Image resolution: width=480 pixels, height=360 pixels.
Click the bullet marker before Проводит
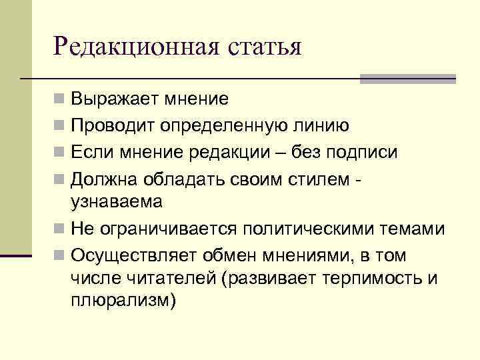(x=60, y=125)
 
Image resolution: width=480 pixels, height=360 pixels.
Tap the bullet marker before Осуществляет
(x=60, y=255)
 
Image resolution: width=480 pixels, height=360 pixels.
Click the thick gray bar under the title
(x=408, y=79)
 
